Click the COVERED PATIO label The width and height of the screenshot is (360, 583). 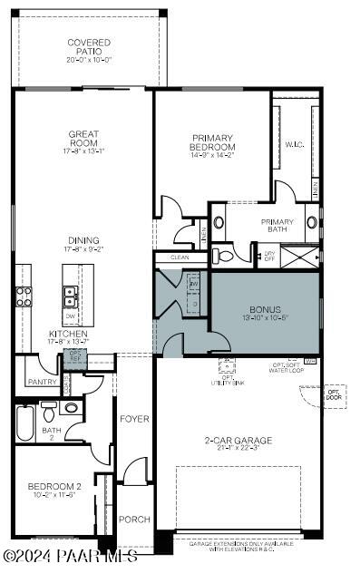(x=89, y=47)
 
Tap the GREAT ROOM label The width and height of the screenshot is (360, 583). (x=83, y=139)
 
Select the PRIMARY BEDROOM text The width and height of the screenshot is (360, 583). (x=212, y=143)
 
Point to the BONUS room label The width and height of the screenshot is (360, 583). (x=265, y=309)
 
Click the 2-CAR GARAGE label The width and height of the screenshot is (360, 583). (x=238, y=441)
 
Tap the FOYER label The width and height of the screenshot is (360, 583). (x=134, y=418)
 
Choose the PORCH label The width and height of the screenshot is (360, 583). (x=134, y=520)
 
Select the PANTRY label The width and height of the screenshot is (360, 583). (x=42, y=382)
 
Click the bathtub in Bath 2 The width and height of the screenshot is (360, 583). (x=24, y=422)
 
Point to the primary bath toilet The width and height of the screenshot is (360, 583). (x=227, y=257)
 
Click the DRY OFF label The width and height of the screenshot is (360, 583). (x=268, y=257)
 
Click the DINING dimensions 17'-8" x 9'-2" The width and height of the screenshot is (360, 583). (x=83, y=248)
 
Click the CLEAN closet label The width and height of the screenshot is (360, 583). (x=180, y=257)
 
